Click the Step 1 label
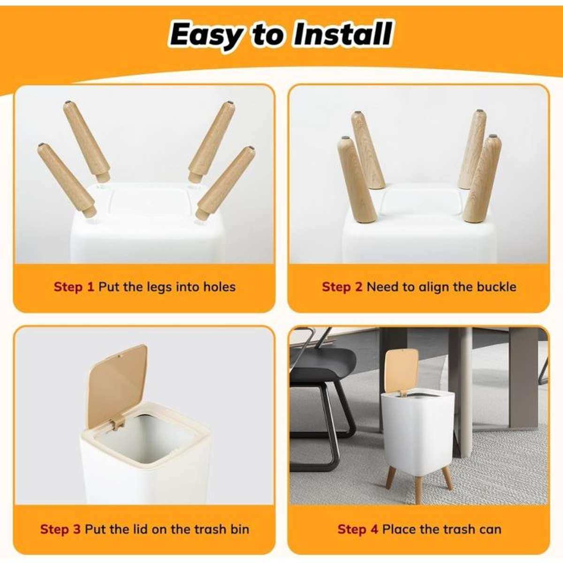74,287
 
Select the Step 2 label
342,287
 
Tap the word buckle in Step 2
496,287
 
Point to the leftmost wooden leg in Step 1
67,180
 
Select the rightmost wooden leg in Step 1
226,183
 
